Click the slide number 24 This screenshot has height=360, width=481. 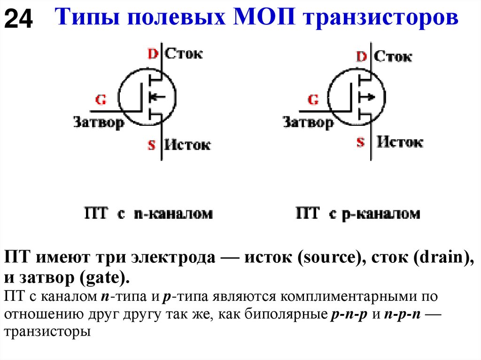tap(19, 20)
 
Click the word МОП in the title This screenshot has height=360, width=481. tap(265, 19)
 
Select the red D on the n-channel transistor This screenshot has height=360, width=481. tap(153, 54)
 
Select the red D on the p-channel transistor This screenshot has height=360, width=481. tap(361, 57)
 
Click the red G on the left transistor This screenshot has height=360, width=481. tap(101, 100)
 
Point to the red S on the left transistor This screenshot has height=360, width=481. tap(151, 145)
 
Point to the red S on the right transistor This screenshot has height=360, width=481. tap(360, 142)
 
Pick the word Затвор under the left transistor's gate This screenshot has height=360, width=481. tap(99, 123)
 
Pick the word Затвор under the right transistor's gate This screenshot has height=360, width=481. tap(308, 123)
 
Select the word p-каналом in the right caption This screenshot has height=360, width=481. tap(383, 214)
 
